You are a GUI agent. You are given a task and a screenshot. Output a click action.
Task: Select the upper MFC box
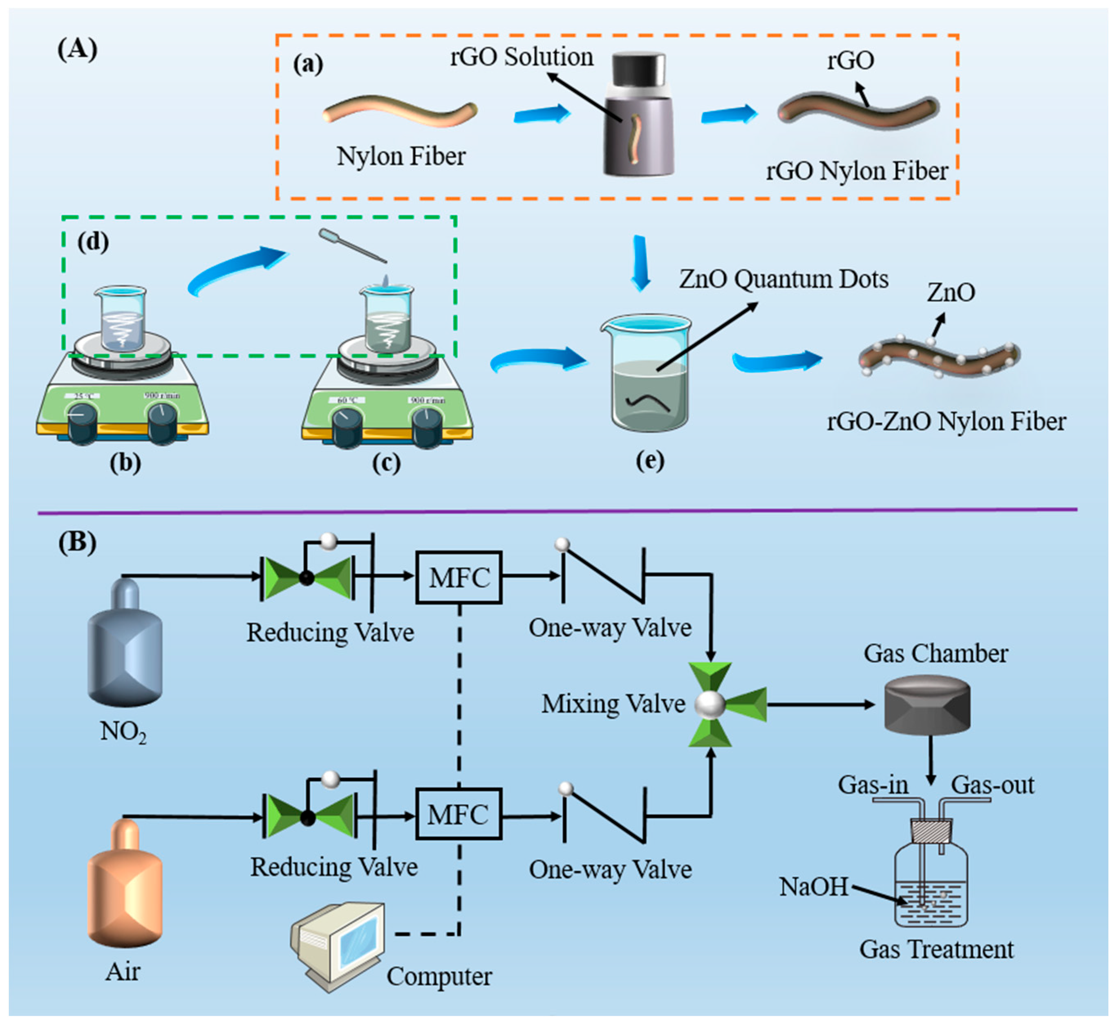459,577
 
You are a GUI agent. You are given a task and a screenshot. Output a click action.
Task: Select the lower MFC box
459,815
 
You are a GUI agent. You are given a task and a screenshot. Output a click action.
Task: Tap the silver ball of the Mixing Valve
711,704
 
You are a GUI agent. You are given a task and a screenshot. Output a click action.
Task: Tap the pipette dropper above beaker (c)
352,245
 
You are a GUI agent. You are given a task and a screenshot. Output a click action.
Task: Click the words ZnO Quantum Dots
783,279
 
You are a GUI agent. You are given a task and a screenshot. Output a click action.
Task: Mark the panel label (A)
77,49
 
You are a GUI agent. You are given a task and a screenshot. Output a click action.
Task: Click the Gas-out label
992,785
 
